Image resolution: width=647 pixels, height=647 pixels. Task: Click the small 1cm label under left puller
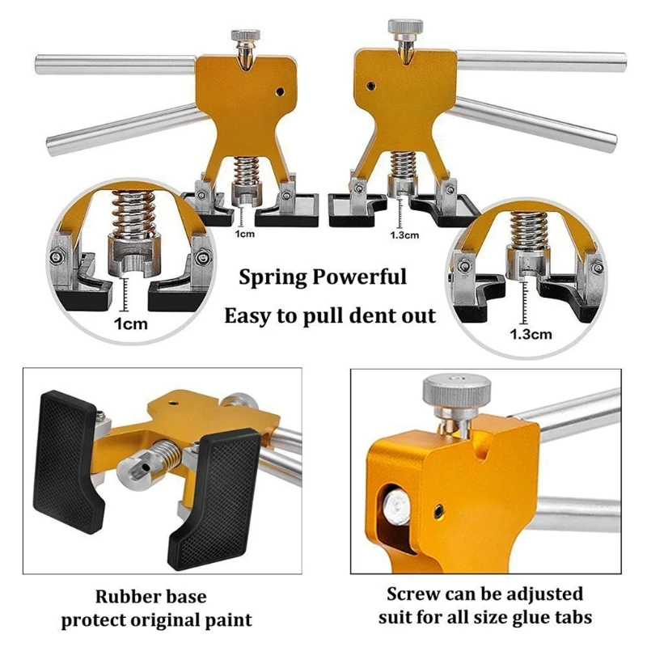coord(246,234)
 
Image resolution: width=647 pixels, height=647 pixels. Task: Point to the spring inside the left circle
coord(129,215)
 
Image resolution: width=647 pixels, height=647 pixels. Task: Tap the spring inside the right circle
coord(526,230)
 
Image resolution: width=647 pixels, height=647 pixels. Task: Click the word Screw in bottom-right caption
coord(416,594)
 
